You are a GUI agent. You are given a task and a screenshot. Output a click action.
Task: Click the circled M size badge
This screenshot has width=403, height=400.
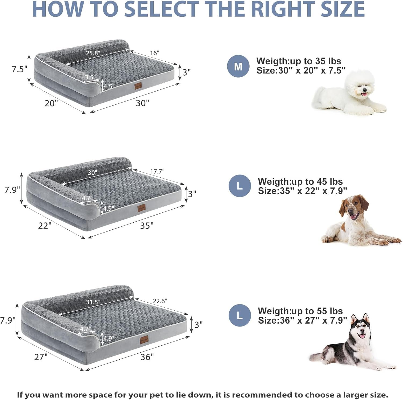238,66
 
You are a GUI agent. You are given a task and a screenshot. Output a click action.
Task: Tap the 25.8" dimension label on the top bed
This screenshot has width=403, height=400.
93,53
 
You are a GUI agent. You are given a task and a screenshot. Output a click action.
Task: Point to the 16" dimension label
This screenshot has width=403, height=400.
154,53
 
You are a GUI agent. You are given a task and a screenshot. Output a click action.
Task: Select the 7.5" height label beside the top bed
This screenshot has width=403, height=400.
19,69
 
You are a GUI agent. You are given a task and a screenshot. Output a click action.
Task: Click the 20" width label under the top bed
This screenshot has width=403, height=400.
51,103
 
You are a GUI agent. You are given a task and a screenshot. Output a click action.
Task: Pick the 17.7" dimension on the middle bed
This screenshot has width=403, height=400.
157,171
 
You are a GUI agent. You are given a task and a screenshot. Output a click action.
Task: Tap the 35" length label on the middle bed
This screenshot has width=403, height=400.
147,226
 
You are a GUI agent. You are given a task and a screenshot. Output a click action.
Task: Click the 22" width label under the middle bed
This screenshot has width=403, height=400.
45,226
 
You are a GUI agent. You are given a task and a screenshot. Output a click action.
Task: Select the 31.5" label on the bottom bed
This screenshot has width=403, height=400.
93,302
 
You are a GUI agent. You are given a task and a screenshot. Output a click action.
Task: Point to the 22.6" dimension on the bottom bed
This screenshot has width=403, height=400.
160,301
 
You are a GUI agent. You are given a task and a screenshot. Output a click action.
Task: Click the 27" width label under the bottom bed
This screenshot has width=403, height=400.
41,357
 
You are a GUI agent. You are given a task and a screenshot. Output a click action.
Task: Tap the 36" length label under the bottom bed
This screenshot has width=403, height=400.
147,357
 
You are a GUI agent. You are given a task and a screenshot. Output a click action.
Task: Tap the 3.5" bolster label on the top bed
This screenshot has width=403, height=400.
90,77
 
